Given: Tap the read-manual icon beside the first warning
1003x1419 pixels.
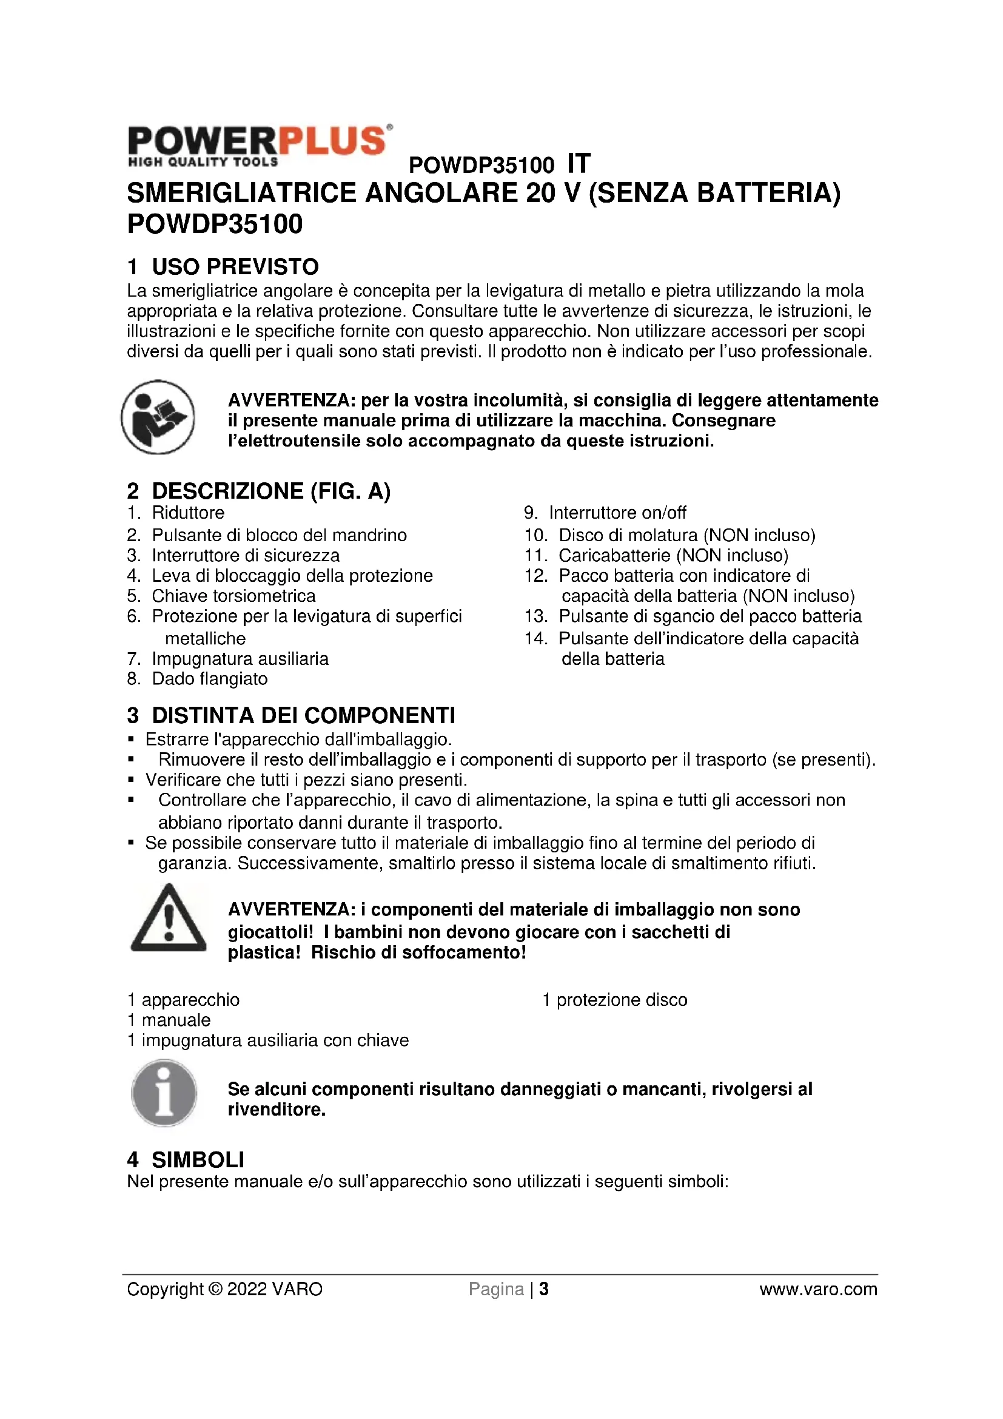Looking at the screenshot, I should point(158,417).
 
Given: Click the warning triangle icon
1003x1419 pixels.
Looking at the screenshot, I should point(168,919).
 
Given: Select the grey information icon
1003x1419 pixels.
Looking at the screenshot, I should point(164,1093).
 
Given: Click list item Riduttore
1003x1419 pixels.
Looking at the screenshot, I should point(188,513).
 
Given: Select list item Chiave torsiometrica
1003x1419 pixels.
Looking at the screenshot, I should point(233,596).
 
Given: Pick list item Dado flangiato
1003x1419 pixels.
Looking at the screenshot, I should point(209,679).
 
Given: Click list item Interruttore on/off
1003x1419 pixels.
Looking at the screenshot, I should point(617,513).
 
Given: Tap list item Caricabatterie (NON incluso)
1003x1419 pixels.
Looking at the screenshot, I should point(673,556).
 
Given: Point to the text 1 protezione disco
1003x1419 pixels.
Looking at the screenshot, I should point(614,1000).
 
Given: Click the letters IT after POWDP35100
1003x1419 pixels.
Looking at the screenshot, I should point(579,164).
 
